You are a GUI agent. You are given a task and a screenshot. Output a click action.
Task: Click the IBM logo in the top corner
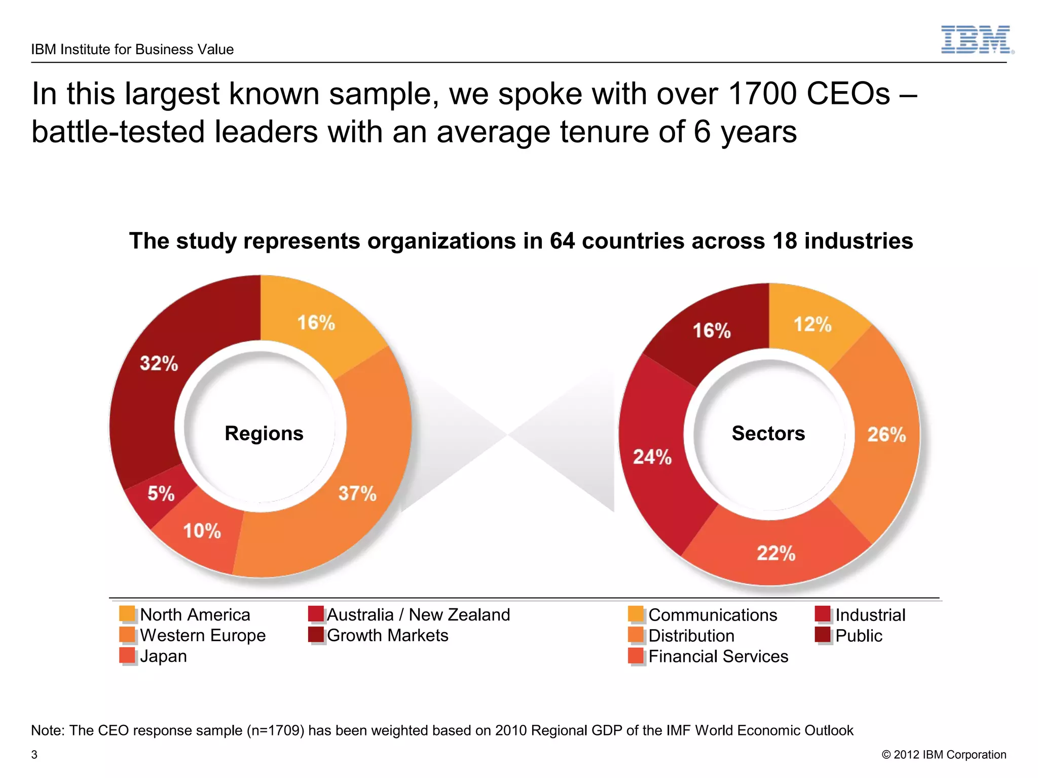pos(977,40)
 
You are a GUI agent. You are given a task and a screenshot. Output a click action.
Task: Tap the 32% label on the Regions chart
pos(159,363)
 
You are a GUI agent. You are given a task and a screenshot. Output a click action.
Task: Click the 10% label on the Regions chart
pos(202,531)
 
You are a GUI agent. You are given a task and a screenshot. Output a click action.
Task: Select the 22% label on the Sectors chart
pos(776,553)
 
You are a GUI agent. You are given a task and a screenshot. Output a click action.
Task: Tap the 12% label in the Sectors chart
pos(812,325)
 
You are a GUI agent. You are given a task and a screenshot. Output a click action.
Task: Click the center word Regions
pos(264,434)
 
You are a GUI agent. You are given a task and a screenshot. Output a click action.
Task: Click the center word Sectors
pos(768,434)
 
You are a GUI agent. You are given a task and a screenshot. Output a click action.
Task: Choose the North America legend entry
pos(195,614)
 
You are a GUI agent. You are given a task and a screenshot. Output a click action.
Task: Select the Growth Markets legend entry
pos(387,635)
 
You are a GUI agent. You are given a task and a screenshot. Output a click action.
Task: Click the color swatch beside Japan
pos(127,655)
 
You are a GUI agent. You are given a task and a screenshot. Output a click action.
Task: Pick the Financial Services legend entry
pos(718,656)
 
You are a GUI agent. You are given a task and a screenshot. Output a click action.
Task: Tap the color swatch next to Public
pos(823,635)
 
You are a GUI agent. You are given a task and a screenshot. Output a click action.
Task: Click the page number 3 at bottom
pos(34,755)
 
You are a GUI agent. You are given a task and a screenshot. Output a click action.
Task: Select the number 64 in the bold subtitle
pos(563,241)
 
